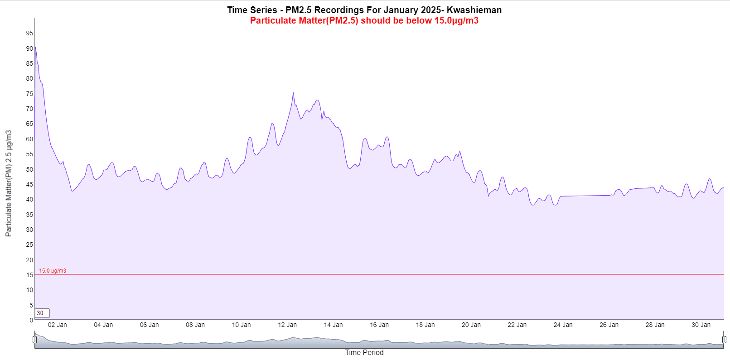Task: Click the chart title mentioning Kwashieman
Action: [364, 10]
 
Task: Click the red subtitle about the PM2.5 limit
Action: [364, 20]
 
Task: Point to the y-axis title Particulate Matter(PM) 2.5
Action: [9, 183]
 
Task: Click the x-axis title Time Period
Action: [364, 352]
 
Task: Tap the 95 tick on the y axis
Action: [29, 33]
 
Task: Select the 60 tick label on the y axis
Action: [29, 139]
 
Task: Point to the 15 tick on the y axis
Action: [29, 275]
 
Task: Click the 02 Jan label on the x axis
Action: [57, 325]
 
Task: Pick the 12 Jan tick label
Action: [287, 325]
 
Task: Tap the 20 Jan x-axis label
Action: [471, 325]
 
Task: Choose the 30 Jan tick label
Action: [701, 325]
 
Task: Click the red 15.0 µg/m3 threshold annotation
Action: [53, 271]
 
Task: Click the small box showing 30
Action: [42, 313]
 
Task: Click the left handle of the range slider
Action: [35, 340]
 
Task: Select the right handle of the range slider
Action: [724, 340]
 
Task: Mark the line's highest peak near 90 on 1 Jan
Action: [35, 47]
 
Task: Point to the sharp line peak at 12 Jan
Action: [293, 93]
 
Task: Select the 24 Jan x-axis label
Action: [563, 325]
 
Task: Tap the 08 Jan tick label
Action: [195, 325]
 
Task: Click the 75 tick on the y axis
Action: [29, 94]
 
